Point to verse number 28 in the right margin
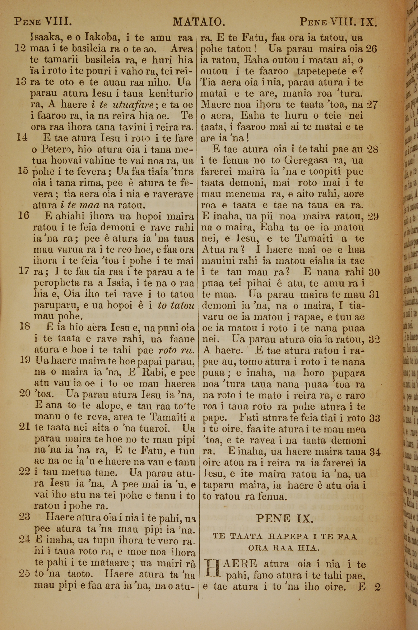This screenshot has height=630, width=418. coord(372,149)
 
